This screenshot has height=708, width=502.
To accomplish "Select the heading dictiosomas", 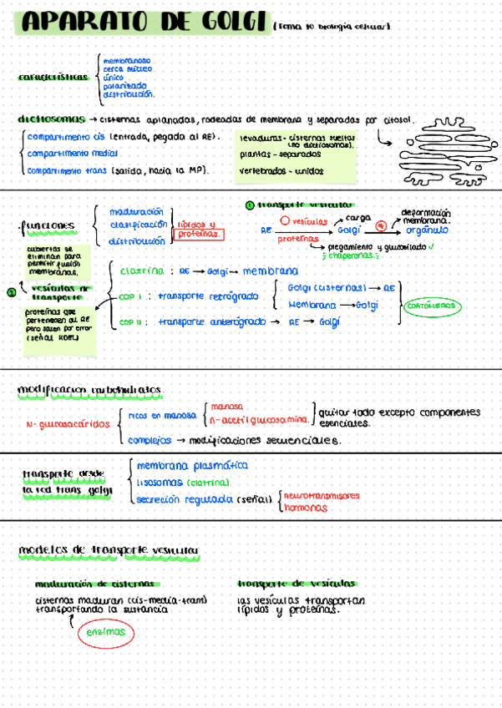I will pyautogui.click(x=52, y=119).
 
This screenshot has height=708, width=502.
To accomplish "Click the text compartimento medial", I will pyautogui.click(x=72, y=154).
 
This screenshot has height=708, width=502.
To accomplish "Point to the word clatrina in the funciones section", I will pyautogui.click(x=141, y=271).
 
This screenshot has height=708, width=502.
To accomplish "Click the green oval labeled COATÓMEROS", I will pyautogui.click(x=431, y=306).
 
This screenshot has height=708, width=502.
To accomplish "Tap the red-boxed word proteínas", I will pyautogui.click(x=200, y=235).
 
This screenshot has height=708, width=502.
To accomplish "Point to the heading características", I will pyautogui.click(x=53, y=77).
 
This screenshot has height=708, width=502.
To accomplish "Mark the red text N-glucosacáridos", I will pyautogui.click(x=68, y=424).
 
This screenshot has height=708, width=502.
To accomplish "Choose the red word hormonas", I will pyautogui.click(x=305, y=508).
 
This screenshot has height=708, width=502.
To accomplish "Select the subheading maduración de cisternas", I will pyautogui.click(x=94, y=584).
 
